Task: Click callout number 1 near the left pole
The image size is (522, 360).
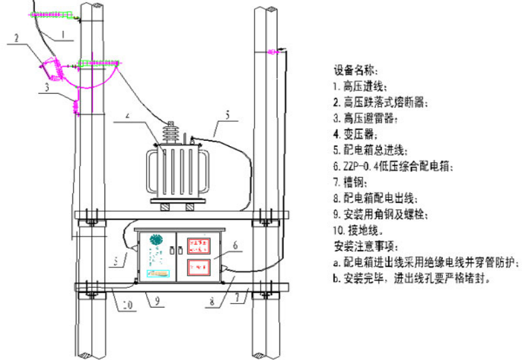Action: [x=62, y=32]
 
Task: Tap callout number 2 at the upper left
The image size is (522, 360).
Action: [x=14, y=38]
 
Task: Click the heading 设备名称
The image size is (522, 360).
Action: [x=356, y=69]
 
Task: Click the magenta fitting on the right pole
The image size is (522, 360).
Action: [x=273, y=51]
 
